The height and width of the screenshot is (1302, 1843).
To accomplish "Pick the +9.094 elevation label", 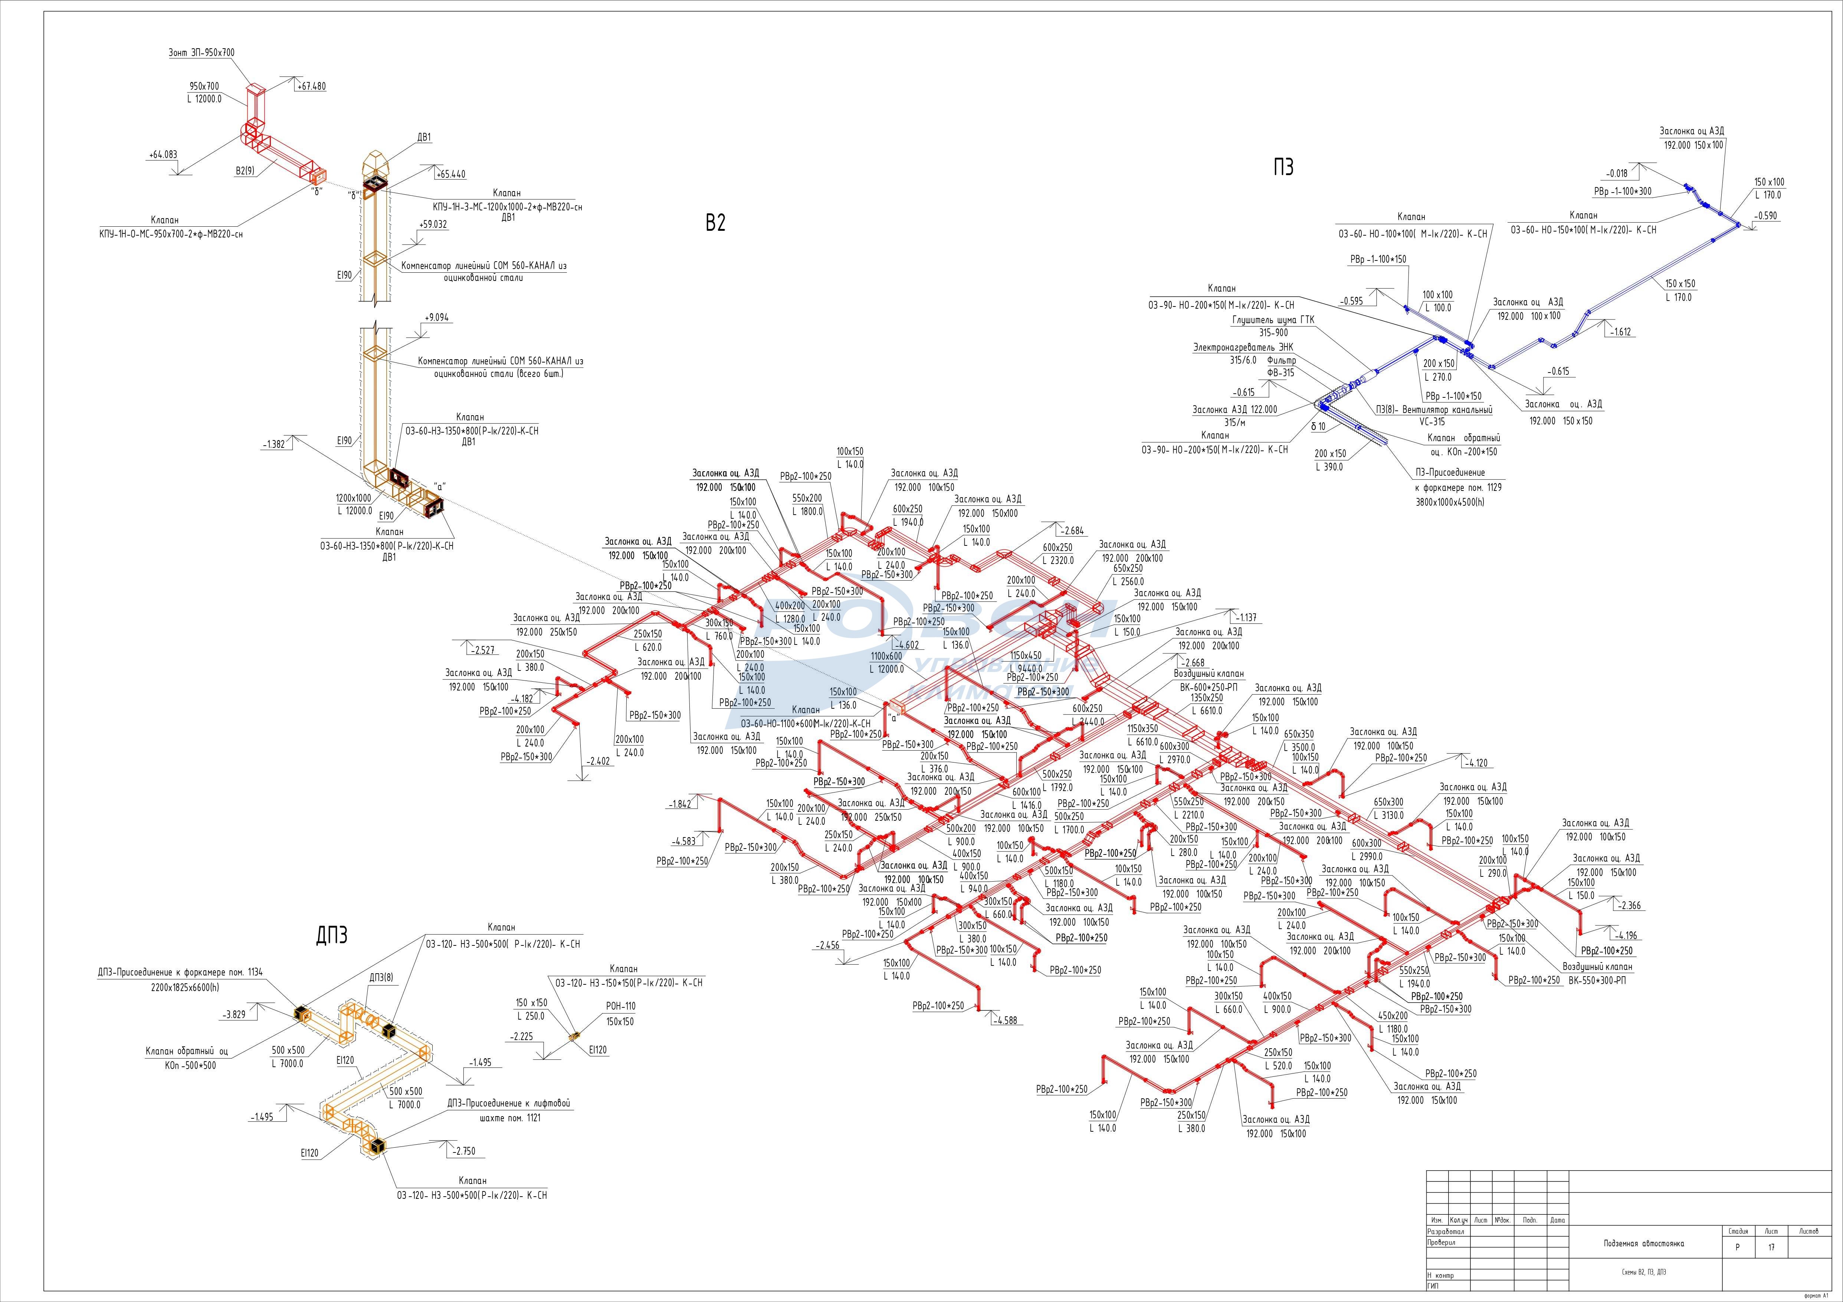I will pos(437,318).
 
